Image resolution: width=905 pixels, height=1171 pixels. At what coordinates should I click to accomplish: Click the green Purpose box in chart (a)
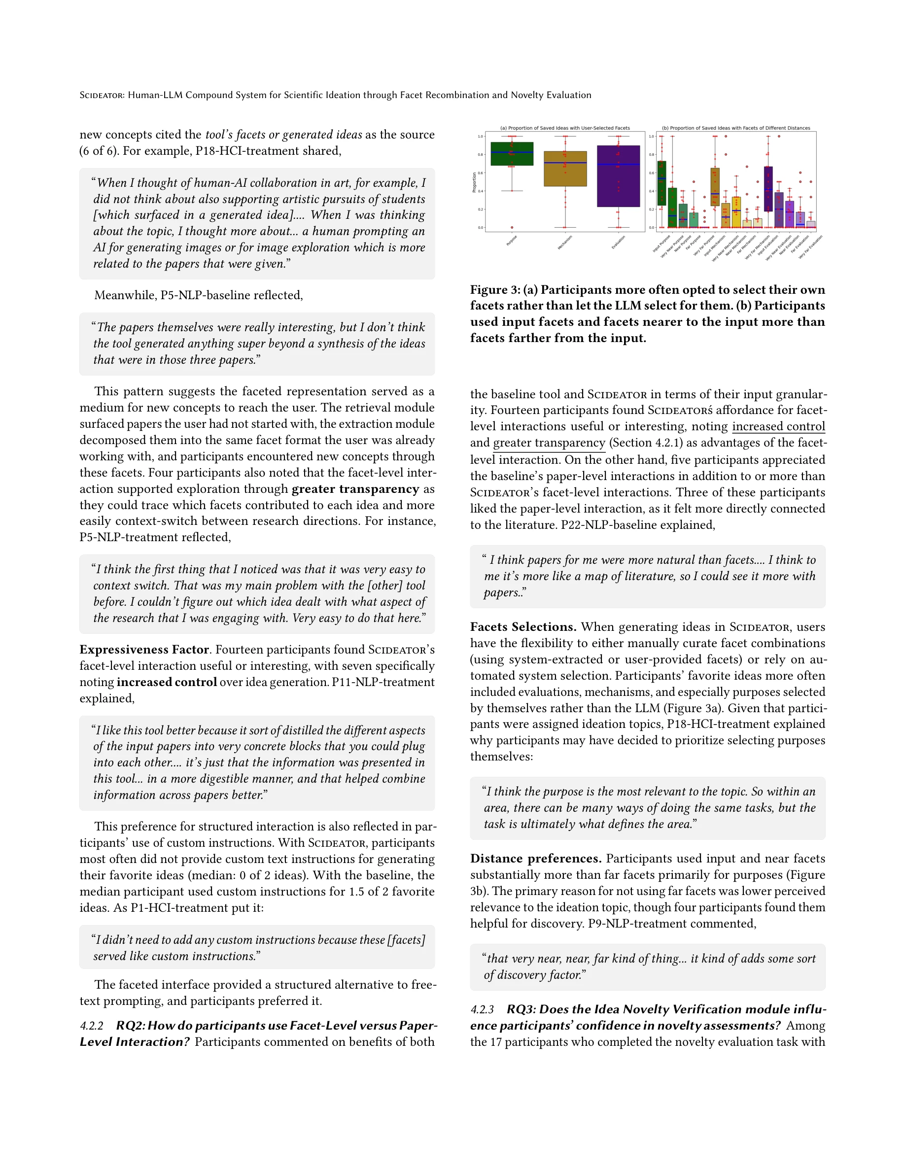pyautogui.click(x=512, y=153)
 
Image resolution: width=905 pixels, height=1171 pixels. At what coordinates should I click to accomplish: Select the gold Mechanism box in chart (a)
pyautogui.click(x=565, y=169)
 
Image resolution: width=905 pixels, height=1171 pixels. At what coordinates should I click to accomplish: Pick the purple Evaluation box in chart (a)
pyautogui.click(x=618, y=176)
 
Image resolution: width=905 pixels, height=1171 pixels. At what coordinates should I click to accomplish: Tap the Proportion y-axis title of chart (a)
pyautogui.click(x=474, y=182)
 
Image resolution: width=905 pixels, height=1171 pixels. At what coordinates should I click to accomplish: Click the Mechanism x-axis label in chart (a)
pyautogui.click(x=564, y=242)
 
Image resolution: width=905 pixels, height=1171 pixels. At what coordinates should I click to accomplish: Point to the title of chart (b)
pyautogui.click(x=735, y=128)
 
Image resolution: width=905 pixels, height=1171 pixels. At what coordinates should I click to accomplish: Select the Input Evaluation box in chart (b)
pyautogui.click(x=768, y=189)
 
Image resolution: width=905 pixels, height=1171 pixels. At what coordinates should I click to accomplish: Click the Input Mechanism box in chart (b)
pyautogui.click(x=715, y=187)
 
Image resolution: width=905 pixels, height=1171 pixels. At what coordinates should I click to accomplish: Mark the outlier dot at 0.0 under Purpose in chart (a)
pyautogui.click(x=512, y=228)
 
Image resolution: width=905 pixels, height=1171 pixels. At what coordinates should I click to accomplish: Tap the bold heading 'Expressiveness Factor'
pyautogui.click(x=143, y=649)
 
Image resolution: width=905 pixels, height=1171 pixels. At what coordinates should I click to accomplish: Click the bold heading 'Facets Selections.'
pyautogui.click(x=522, y=627)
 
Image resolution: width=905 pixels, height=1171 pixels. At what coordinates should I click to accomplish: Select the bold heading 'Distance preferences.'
pyautogui.click(x=535, y=859)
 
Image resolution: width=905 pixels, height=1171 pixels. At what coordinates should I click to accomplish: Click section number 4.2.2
pyautogui.click(x=91, y=1026)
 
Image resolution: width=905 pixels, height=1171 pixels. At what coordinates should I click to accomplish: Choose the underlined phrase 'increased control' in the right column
pyautogui.click(x=778, y=426)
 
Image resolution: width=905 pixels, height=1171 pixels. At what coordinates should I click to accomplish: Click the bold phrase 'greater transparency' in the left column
pyautogui.click(x=355, y=489)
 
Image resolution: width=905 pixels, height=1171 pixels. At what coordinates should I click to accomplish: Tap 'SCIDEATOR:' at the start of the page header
pyautogui.click(x=102, y=95)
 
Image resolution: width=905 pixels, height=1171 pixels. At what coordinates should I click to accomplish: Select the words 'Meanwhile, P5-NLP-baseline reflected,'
pyautogui.click(x=198, y=295)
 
